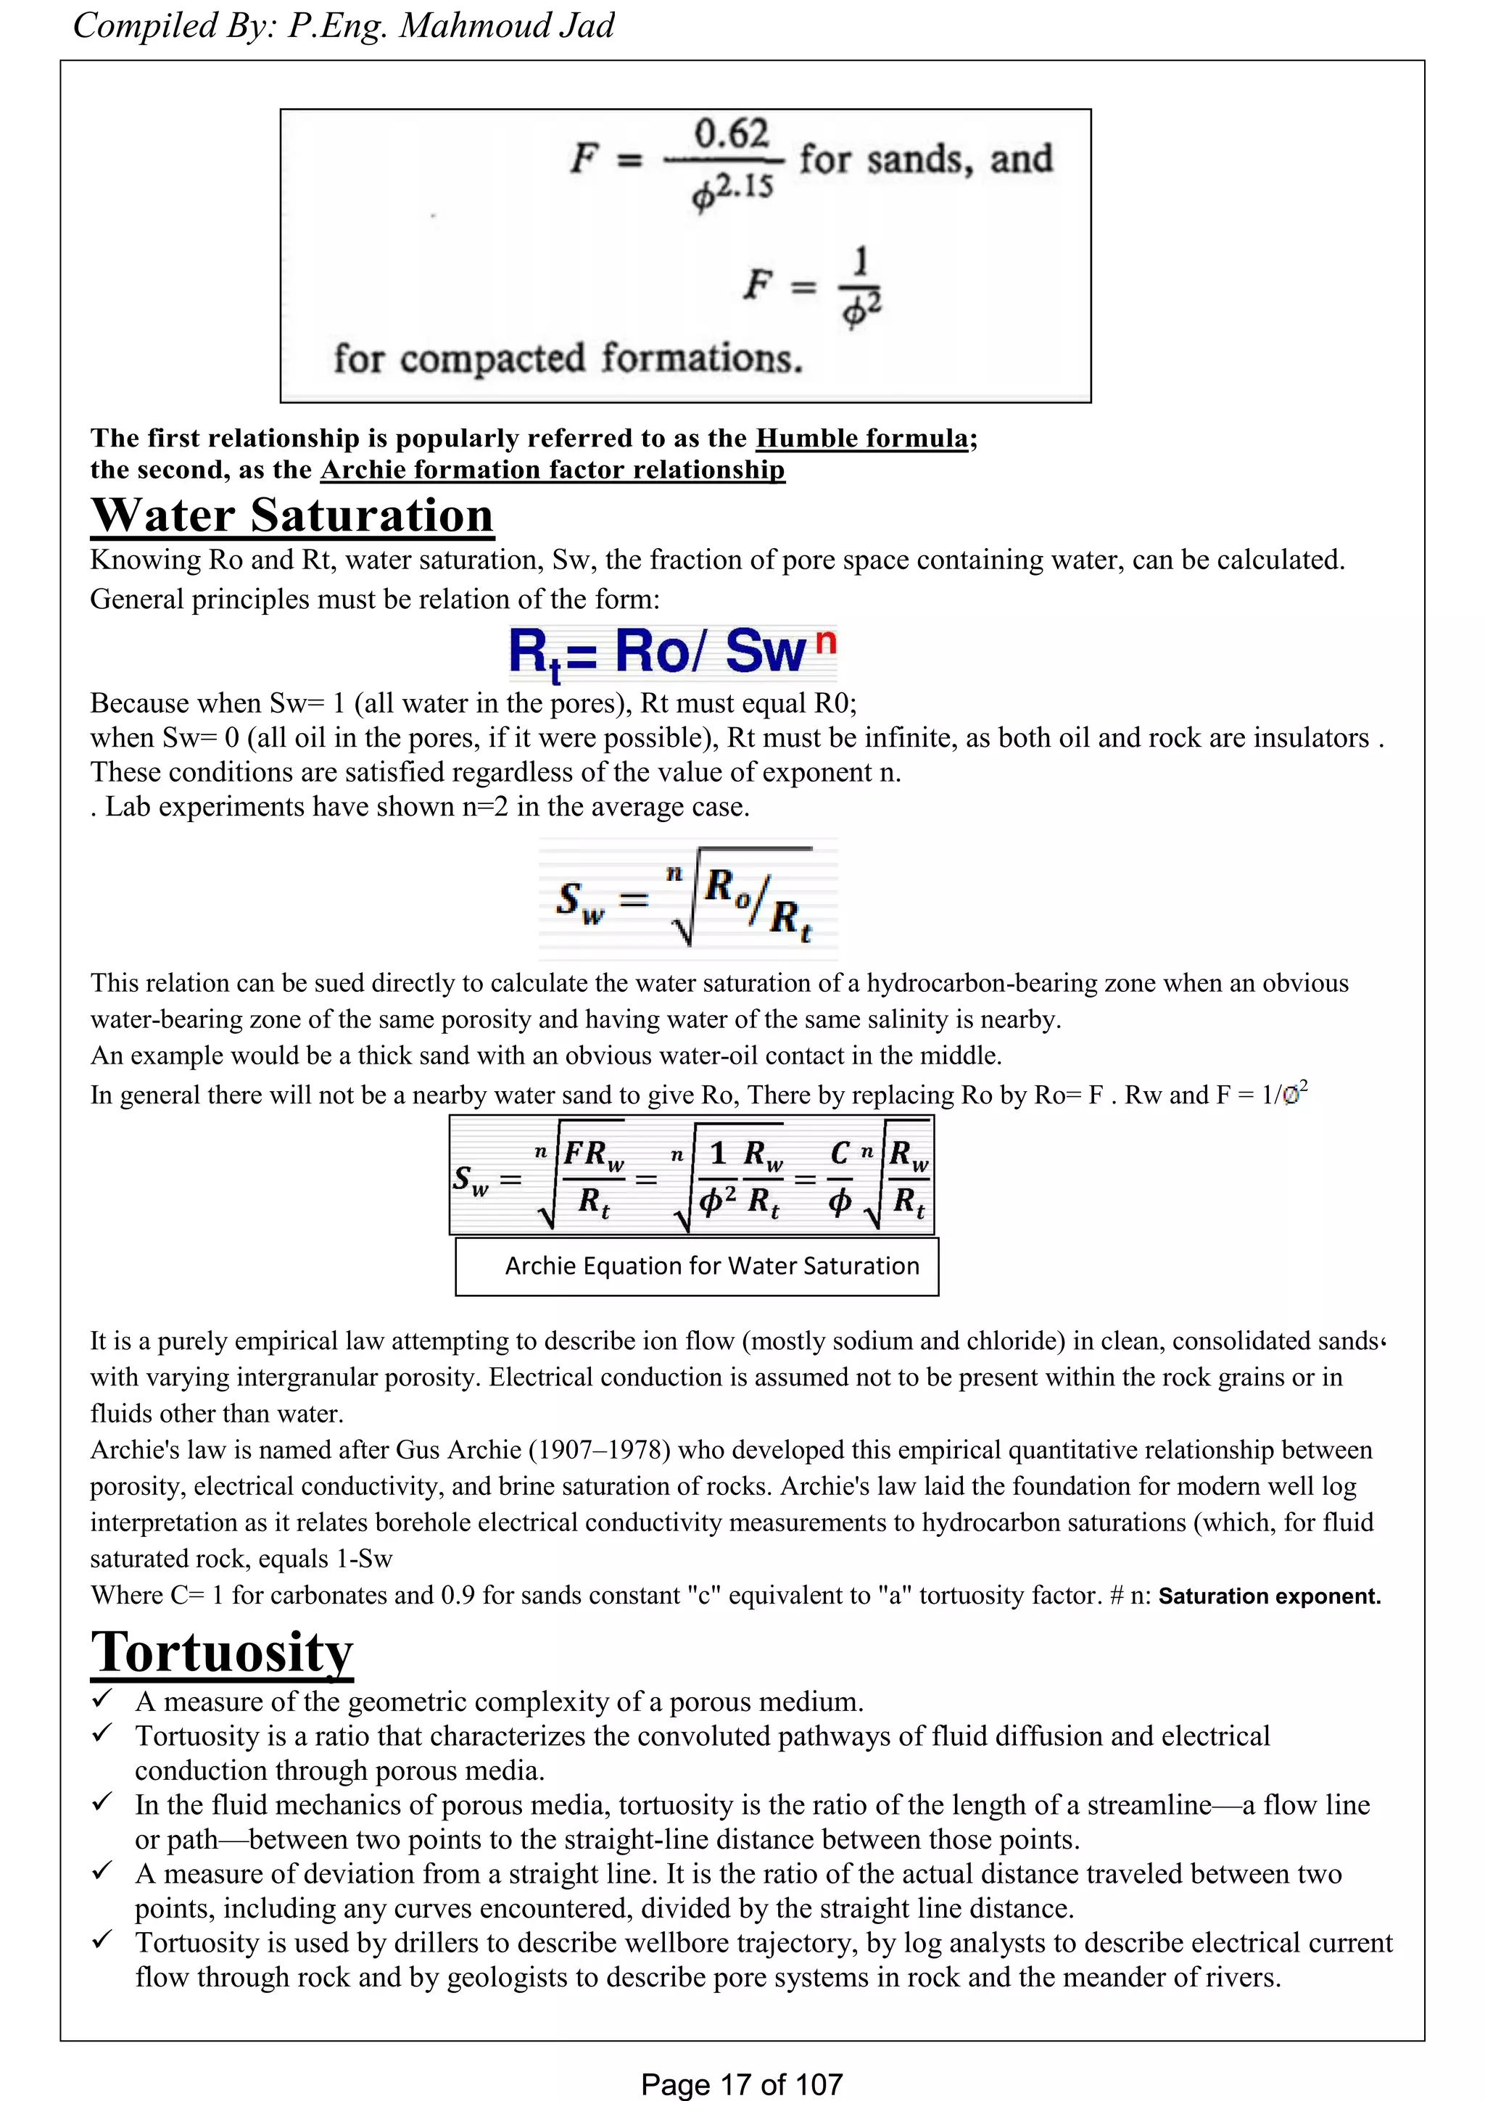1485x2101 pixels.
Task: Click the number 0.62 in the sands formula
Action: pyautogui.click(x=731, y=135)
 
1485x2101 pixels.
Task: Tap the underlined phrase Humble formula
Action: pyautogui.click(x=861, y=439)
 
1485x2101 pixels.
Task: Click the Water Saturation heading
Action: pyautogui.click(x=292, y=515)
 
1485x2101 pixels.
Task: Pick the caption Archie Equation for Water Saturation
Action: pyautogui.click(x=712, y=1267)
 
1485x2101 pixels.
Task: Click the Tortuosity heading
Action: pyautogui.click(x=221, y=1653)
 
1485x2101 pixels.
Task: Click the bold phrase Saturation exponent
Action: pyautogui.click(x=1269, y=1597)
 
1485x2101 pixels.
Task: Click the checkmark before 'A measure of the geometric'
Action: pyautogui.click(x=102, y=1699)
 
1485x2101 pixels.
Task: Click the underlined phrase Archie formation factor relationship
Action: pyautogui.click(x=552, y=471)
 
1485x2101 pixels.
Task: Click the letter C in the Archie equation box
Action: pyautogui.click(x=839, y=1155)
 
